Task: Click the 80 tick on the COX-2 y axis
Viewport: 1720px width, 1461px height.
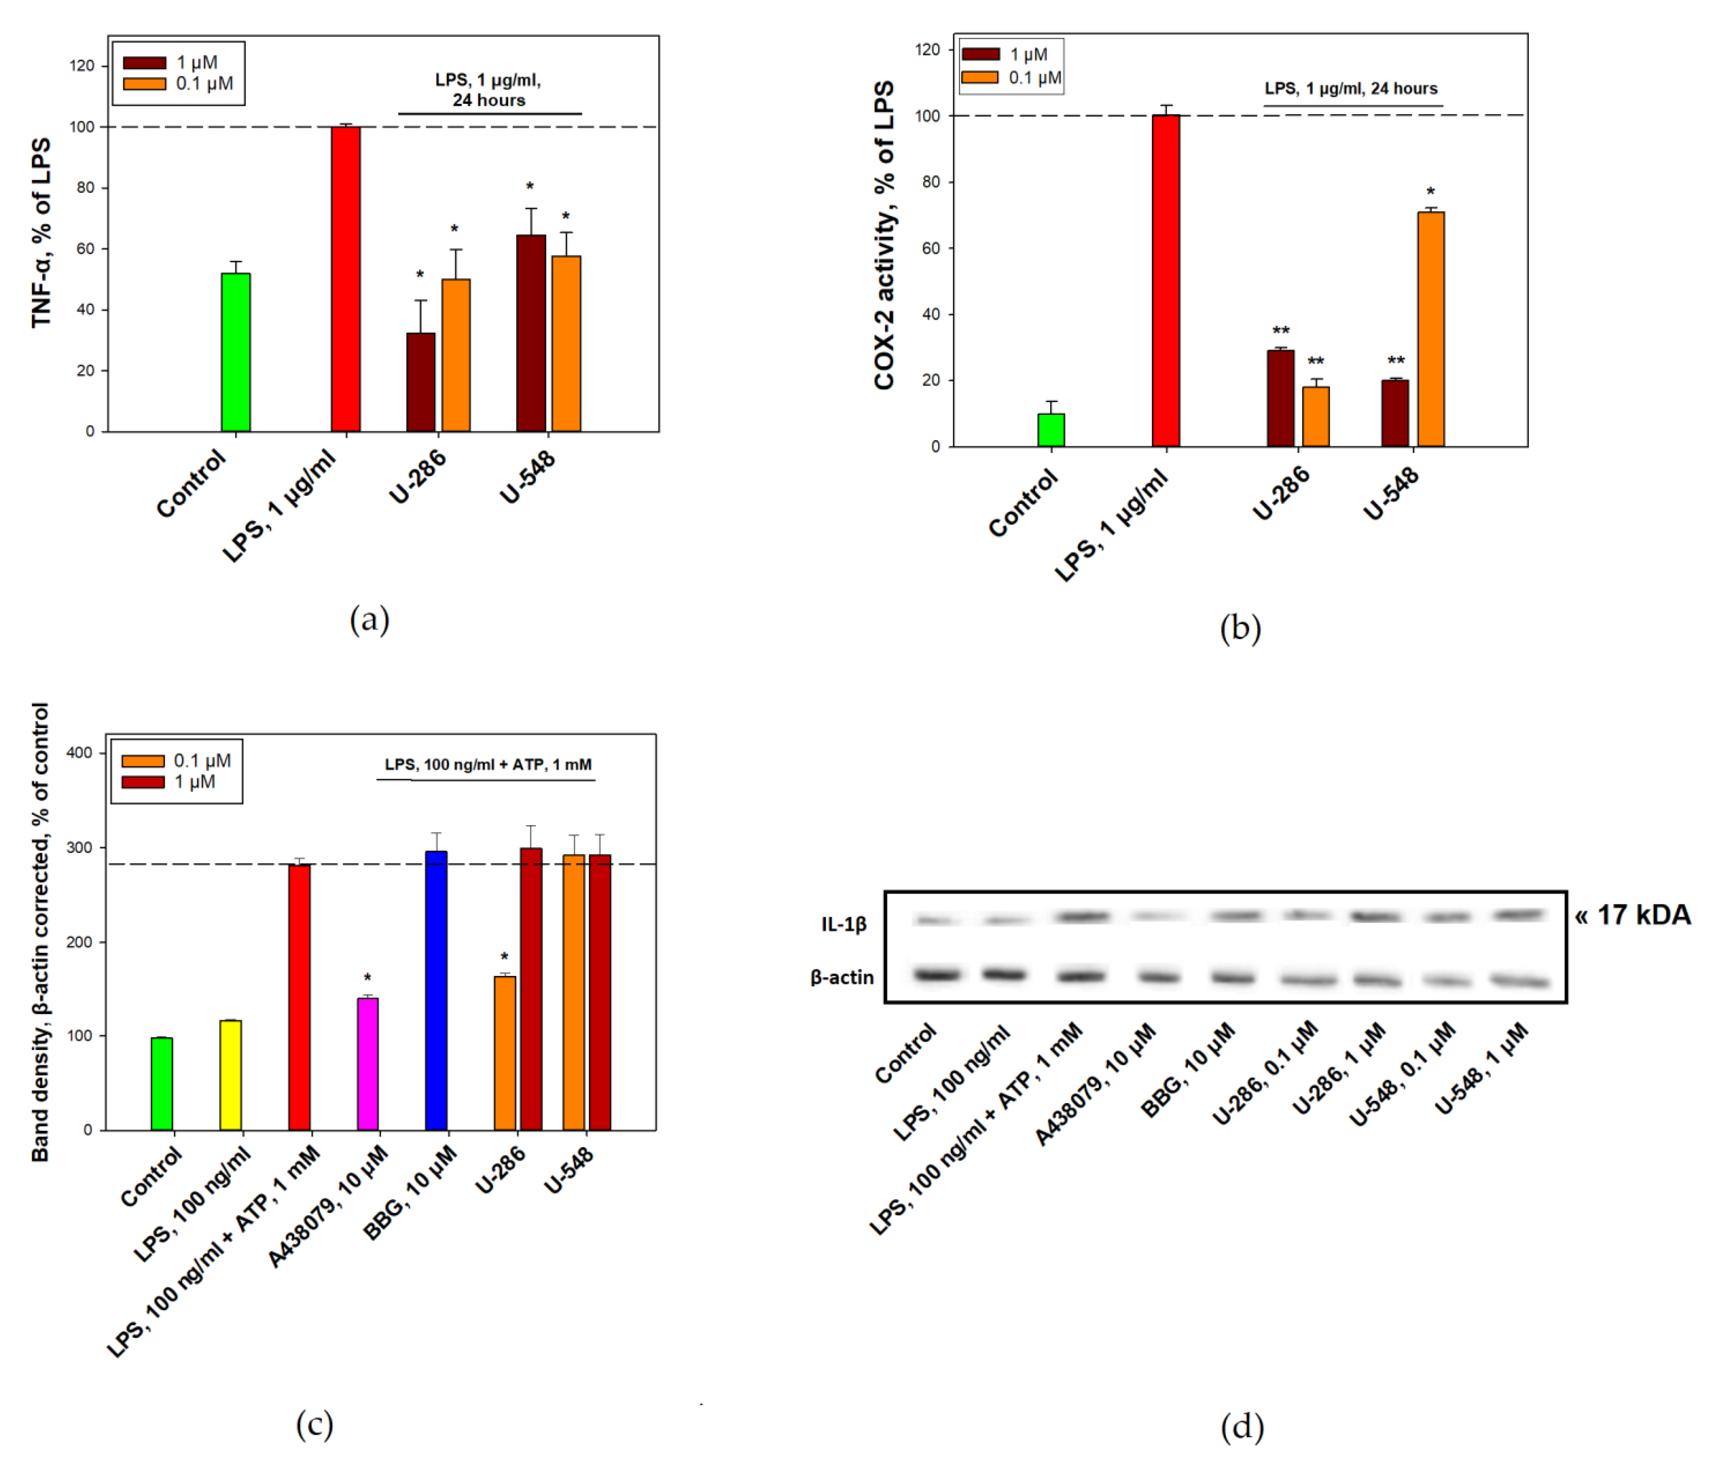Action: coord(931,182)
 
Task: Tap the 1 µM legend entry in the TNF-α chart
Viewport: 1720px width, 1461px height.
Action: coord(196,62)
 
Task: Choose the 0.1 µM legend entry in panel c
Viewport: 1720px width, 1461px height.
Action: coord(201,760)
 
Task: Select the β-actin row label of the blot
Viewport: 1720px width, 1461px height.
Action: coord(842,977)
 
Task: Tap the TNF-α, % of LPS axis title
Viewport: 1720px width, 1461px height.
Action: coord(42,233)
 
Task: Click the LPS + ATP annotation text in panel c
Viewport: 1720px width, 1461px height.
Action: coord(488,764)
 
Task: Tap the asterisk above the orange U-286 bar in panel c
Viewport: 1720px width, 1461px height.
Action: coord(504,958)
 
